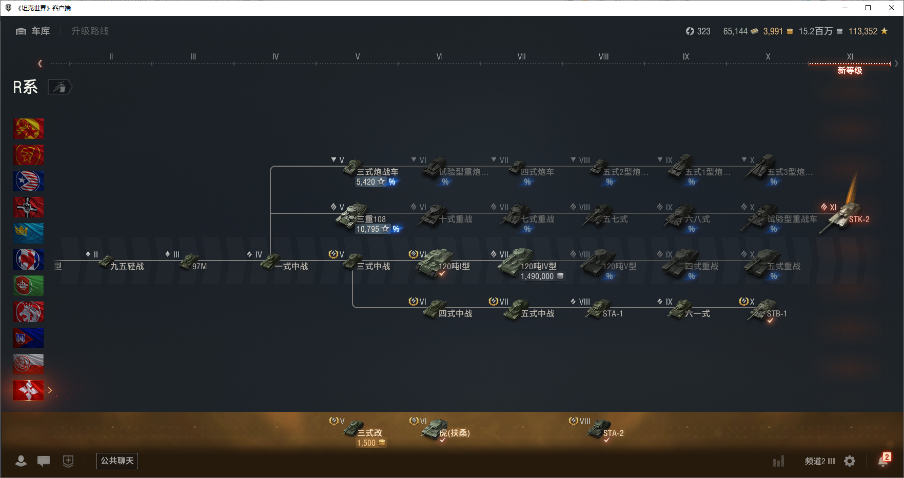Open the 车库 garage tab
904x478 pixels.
pos(34,31)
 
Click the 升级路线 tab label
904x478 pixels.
pos(90,31)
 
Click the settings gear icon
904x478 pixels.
pos(850,461)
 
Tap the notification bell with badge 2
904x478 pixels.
pos(883,461)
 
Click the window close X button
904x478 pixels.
pos(892,8)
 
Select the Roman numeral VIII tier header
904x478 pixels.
pos(603,57)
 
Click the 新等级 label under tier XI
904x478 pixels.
pos(850,71)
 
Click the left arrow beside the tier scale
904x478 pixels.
pos(40,64)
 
